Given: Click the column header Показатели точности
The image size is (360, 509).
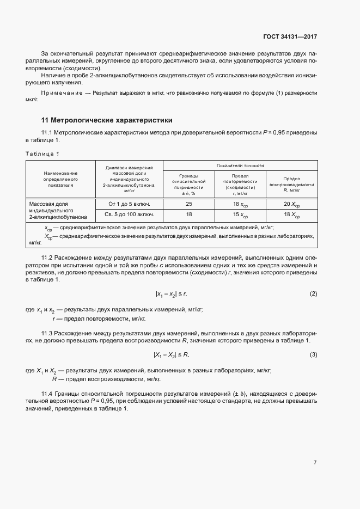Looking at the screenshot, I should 240,165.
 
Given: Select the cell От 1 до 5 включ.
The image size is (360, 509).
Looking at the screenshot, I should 129,204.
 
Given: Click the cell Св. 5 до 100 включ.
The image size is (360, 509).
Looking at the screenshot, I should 129,215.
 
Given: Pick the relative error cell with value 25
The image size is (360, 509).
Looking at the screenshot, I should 188,204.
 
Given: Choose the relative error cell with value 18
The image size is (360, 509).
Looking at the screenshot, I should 188,215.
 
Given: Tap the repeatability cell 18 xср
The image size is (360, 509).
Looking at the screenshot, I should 240,205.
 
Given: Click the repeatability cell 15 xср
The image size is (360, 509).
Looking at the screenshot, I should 240,216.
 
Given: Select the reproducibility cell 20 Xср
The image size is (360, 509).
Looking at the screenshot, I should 291,205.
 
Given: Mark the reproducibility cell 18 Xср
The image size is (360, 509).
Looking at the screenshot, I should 291,216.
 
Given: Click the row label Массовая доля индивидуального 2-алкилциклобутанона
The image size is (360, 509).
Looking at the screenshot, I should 60,210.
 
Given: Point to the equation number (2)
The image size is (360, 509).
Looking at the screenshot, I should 313,294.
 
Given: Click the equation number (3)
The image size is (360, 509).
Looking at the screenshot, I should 313,355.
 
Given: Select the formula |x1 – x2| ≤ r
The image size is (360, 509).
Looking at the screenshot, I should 171,294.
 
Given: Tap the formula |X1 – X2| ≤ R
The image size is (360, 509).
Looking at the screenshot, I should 171,355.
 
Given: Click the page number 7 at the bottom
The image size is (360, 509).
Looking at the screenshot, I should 315,463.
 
